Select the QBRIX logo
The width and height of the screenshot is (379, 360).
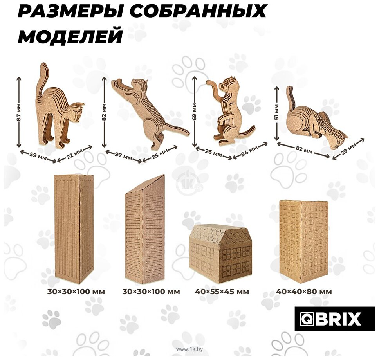(x=334, y=319)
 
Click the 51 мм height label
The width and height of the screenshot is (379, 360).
(x=276, y=112)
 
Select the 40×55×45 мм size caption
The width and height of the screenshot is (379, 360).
(x=222, y=292)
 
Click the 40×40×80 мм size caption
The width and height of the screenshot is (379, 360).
(x=303, y=292)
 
